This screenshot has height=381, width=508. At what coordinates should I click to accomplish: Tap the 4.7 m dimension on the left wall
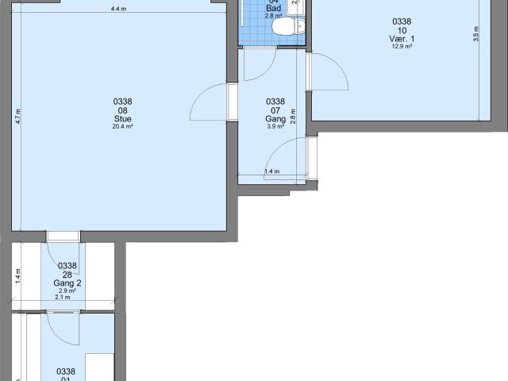[x=17, y=114]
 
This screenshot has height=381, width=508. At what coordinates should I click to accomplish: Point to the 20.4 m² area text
[x=122, y=126]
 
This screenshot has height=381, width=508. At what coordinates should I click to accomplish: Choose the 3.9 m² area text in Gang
[x=275, y=126]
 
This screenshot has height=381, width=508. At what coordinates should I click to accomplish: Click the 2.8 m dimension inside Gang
[x=292, y=116]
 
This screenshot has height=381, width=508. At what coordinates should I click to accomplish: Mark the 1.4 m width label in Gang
[x=271, y=171]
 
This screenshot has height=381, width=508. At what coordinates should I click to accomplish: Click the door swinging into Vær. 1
[x=329, y=75]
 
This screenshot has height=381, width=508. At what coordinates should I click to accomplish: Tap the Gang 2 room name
[x=67, y=283]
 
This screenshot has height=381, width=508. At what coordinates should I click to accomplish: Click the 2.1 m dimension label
[x=62, y=297]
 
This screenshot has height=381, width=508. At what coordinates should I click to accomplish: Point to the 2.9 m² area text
[x=67, y=291]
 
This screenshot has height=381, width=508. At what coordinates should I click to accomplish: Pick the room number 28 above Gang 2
[x=67, y=275]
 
